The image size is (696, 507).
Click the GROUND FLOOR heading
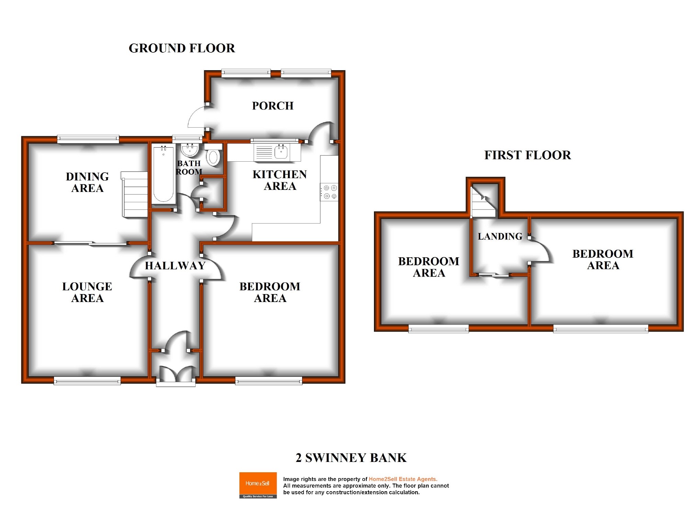tap(181, 48)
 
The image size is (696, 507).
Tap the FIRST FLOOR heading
tap(527, 155)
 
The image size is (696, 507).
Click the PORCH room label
tap(273, 106)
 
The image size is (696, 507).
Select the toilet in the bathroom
tap(213, 155)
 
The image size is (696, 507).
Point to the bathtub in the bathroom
tap(163, 174)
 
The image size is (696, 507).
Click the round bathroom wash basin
tap(189, 150)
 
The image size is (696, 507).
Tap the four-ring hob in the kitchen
tap(330, 192)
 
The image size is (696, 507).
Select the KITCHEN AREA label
tap(279, 180)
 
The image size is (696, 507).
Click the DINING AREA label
tap(87, 182)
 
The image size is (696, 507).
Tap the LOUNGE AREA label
tap(87, 292)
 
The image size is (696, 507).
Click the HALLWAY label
tap(175, 266)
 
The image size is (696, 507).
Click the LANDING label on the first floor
tap(500, 236)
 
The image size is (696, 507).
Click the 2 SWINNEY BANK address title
tap(351, 458)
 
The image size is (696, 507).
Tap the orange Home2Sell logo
tap(258, 485)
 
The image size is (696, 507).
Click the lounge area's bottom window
tap(87, 380)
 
